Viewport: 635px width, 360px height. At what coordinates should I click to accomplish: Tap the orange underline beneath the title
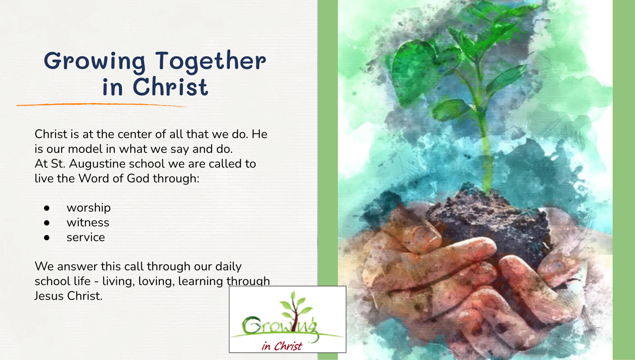click(x=102, y=105)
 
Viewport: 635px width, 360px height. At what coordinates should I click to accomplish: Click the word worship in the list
click(x=89, y=208)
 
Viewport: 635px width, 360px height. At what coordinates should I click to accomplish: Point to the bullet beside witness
click(x=47, y=223)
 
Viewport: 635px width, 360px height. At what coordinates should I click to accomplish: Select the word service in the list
click(x=86, y=237)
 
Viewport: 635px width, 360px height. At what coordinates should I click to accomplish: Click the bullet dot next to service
click(x=47, y=237)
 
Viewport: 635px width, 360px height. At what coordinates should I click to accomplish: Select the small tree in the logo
click(x=295, y=310)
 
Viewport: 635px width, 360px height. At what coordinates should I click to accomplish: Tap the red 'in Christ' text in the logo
click(x=282, y=346)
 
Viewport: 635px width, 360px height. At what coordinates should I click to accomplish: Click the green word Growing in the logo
click(x=279, y=326)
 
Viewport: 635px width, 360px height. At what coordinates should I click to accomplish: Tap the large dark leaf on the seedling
click(x=414, y=71)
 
